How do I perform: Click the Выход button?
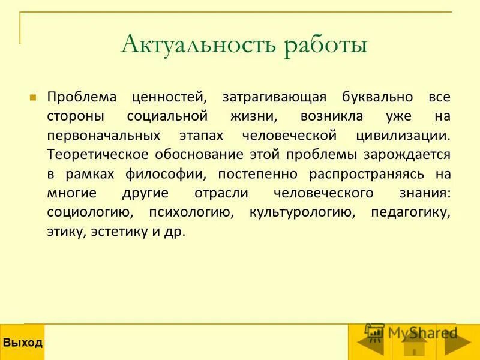point(22,343)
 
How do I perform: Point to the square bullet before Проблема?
point(34,96)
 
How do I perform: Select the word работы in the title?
point(317,46)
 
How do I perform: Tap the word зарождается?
point(407,154)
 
